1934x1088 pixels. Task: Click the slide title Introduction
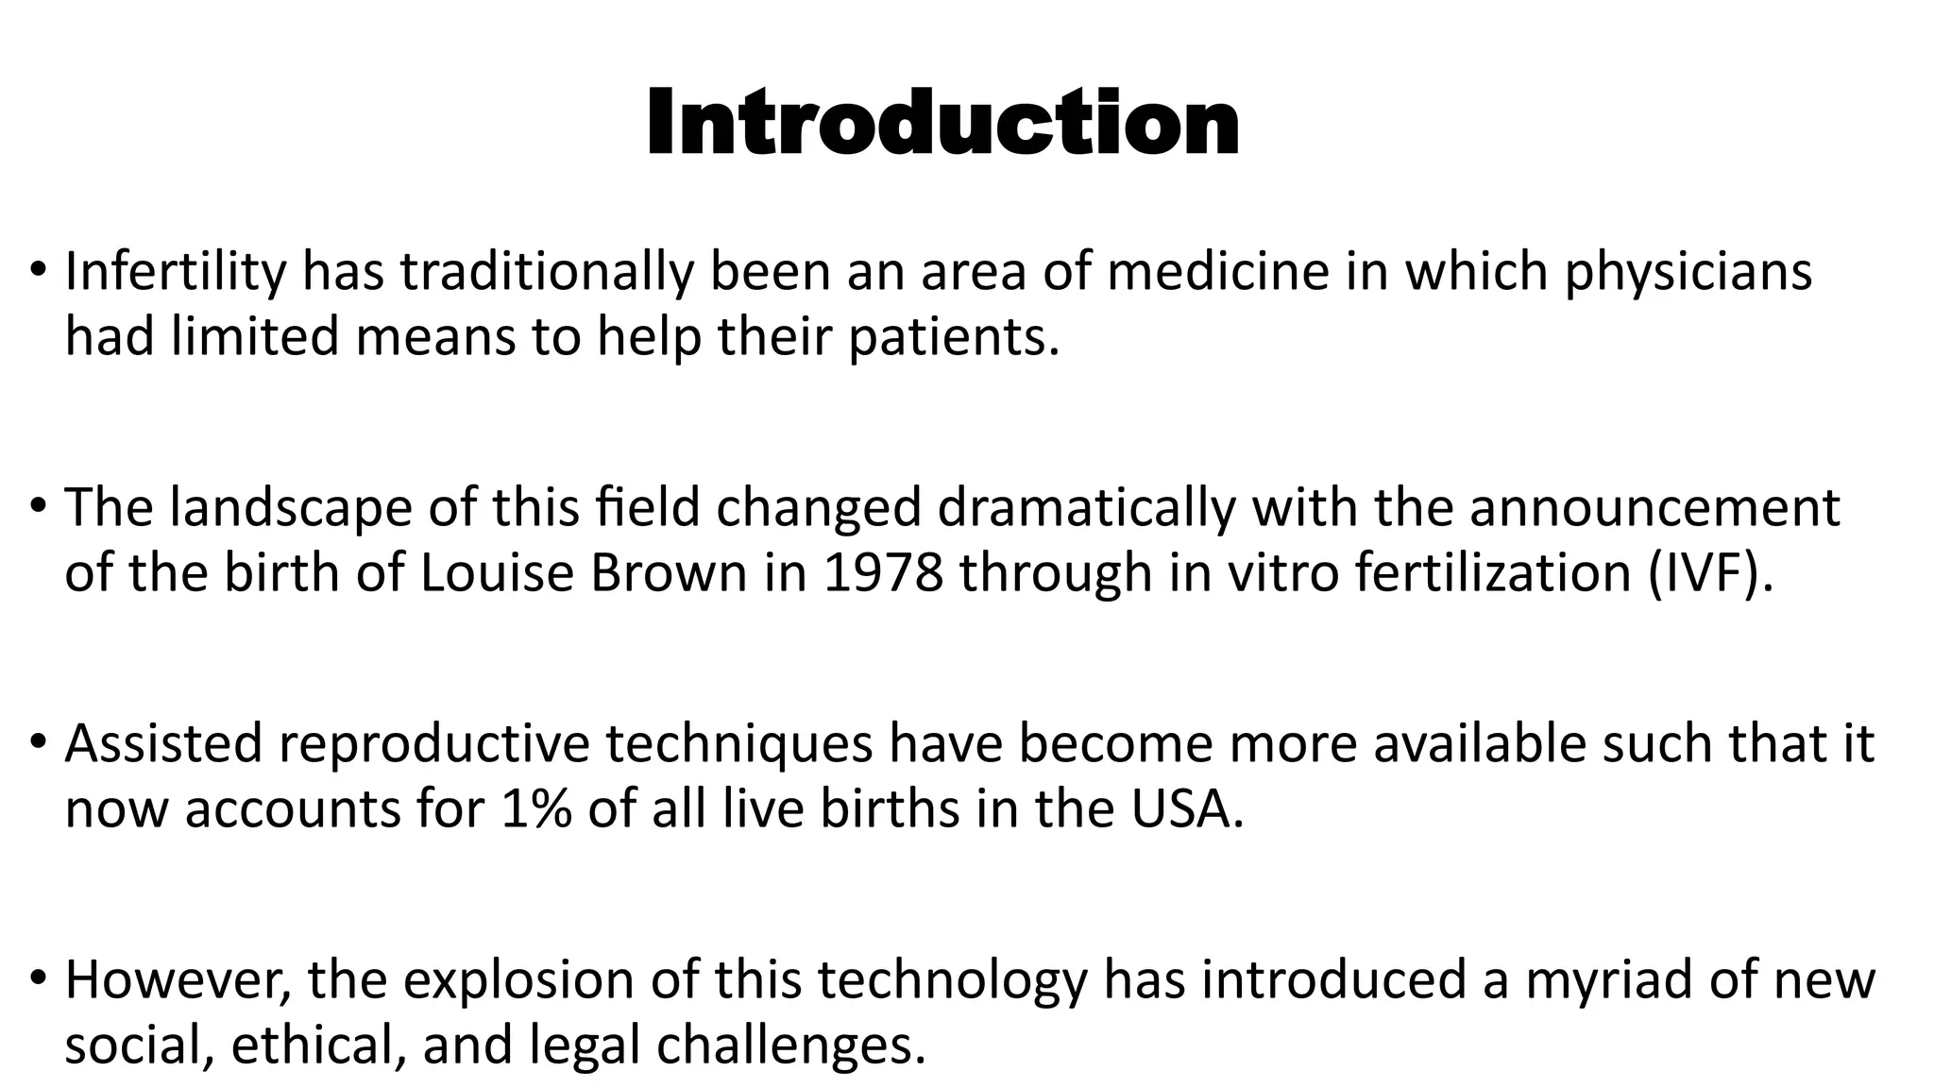[x=942, y=124]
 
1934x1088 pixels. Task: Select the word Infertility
[x=175, y=272]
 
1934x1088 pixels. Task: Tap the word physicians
[x=1688, y=272]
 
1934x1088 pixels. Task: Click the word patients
[x=953, y=337]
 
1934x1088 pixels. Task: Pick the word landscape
[x=291, y=508]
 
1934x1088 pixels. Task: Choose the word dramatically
[x=1086, y=508]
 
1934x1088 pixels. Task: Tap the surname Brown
[x=669, y=573]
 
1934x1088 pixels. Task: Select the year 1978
[x=883, y=573]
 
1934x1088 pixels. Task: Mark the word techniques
[x=738, y=744]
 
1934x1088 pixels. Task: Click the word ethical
[x=318, y=1045]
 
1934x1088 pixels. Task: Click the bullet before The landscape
[x=37, y=508]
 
